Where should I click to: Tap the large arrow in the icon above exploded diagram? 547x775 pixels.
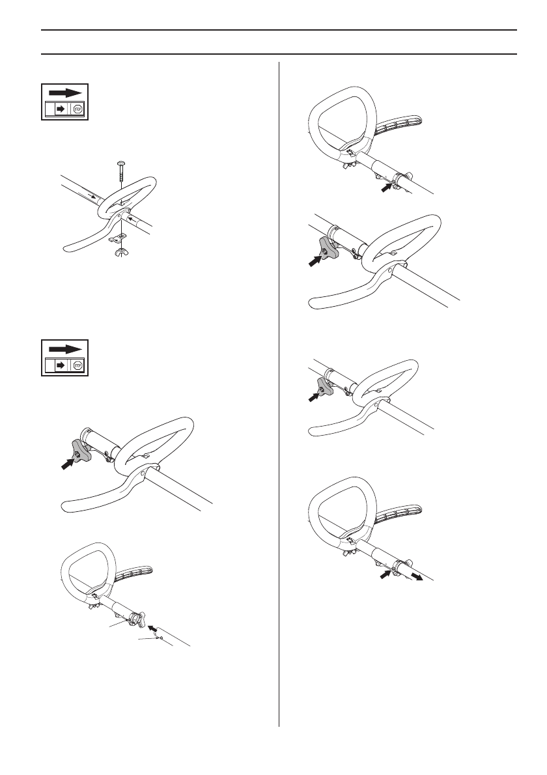point(66,92)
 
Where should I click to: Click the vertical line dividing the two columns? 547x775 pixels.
point(279,391)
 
